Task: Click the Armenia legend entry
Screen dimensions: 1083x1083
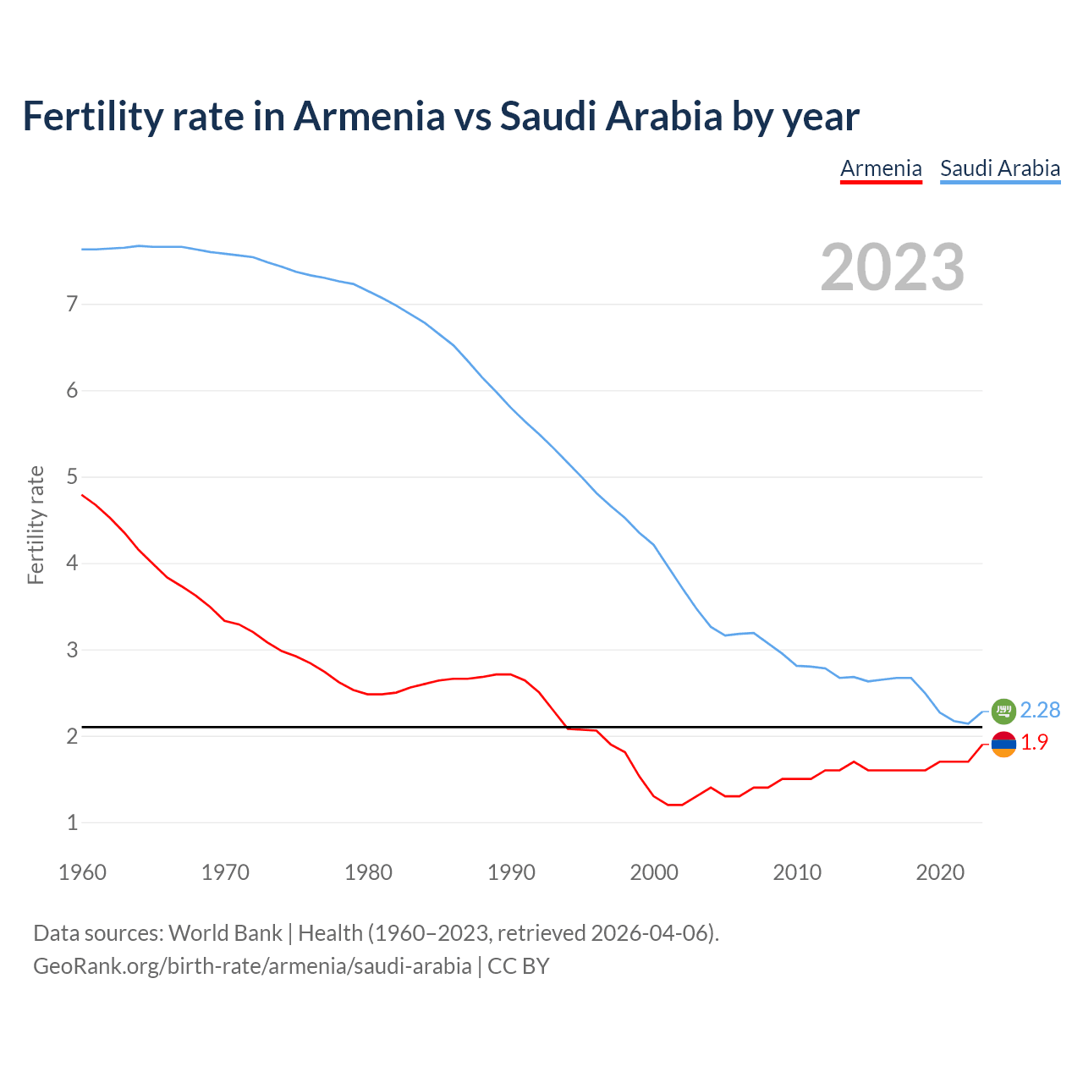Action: coord(881,168)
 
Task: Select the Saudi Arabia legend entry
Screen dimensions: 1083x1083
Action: coord(1000,168)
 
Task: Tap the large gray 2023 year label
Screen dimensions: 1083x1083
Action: coord(892,267)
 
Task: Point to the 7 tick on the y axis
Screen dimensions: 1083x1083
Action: coord(72,304)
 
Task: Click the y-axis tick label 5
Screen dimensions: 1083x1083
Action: coord(72,477)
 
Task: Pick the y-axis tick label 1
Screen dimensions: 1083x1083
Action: coord(72,822)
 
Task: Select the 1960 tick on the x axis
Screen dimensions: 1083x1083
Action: coord(82,872)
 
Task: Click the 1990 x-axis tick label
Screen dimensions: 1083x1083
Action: coord(511,872)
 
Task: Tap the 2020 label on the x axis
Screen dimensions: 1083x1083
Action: coord(940,872)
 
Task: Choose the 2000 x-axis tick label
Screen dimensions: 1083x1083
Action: coord(654,872)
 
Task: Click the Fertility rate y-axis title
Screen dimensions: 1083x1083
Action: coord(36,525)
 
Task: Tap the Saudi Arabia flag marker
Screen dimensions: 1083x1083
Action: coord(1003,711)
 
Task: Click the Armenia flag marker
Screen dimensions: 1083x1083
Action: coord(1003,744)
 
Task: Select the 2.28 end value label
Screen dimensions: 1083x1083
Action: coord(1040,711)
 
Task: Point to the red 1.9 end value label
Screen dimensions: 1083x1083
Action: coord(1034,743)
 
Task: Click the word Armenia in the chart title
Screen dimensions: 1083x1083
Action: coord(368,116)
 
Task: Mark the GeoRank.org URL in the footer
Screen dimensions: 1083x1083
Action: coord(252,966)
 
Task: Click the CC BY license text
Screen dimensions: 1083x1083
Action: coord(519,966)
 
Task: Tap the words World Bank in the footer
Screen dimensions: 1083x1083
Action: coord(225,933)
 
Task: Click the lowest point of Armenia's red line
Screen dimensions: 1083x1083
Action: coord(674,805)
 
